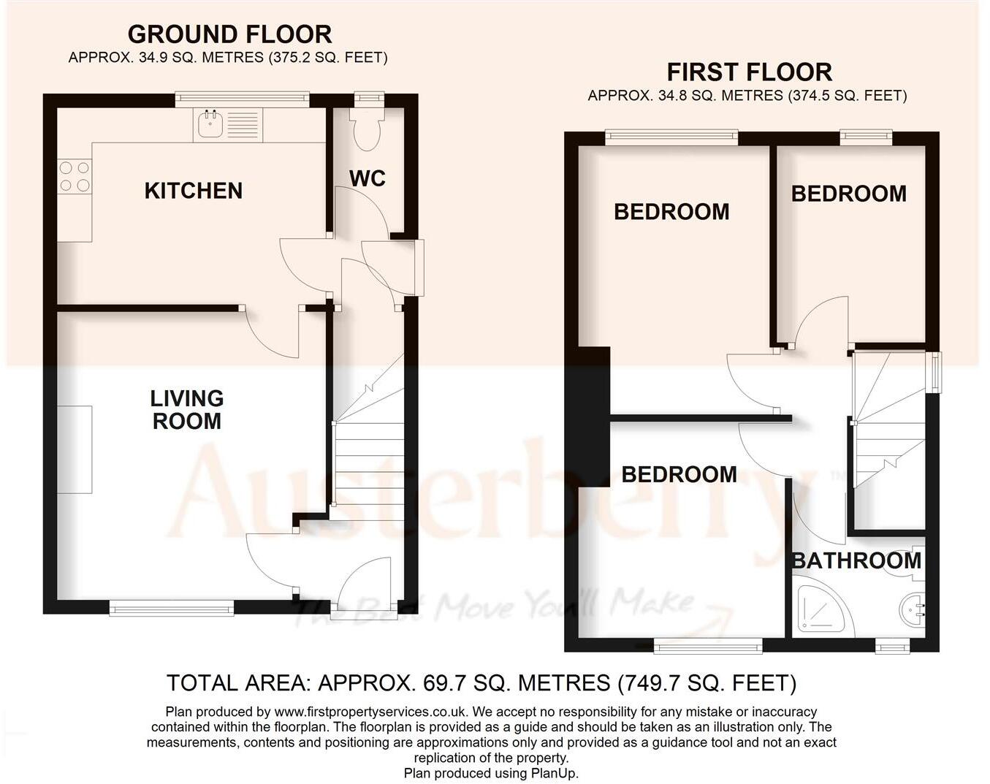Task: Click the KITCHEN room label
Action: point(193,191)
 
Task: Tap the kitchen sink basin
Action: point(210,123)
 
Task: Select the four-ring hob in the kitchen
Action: point(75,176)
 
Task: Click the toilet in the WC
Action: point(367,130)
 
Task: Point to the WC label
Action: point(367,178)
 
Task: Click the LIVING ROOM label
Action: point(187,410)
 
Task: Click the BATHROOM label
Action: point(856,561)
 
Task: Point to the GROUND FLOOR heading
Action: point(229,34)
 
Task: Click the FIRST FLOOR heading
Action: point(750,72)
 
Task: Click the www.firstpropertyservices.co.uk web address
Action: point(371,712)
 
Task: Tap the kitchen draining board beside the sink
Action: point(243,124)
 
